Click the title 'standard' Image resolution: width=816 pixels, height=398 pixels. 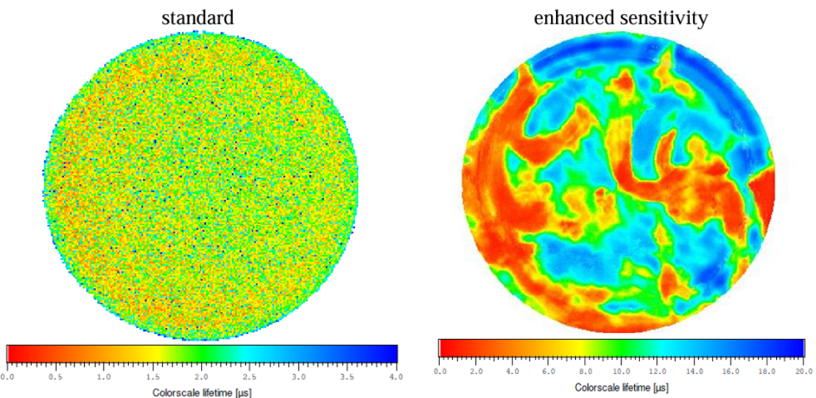197,17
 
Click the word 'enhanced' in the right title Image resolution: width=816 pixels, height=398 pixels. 572,17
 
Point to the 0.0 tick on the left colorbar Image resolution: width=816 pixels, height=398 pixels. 7,377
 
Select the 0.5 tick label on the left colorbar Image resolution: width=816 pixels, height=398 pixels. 55,377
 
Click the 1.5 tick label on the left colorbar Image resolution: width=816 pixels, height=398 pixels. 152,377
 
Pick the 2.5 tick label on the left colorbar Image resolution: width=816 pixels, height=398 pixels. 250,377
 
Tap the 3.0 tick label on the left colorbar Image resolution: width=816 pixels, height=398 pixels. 298,377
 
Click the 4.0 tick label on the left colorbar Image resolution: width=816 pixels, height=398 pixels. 395,377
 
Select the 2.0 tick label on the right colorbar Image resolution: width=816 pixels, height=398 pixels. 476,371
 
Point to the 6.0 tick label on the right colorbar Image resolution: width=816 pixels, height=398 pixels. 549,371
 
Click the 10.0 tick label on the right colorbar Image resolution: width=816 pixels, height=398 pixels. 622,371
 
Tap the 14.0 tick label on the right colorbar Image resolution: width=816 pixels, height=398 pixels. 694,371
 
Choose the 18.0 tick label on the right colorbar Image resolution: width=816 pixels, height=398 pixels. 767,371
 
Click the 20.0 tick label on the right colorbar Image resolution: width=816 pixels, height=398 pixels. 803,371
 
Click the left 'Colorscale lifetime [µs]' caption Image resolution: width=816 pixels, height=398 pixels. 202,392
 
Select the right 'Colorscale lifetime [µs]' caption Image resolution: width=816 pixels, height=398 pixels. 622,386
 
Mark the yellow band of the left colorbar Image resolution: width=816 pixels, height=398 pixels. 140,353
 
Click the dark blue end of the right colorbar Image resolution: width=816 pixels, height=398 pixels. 795,348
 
